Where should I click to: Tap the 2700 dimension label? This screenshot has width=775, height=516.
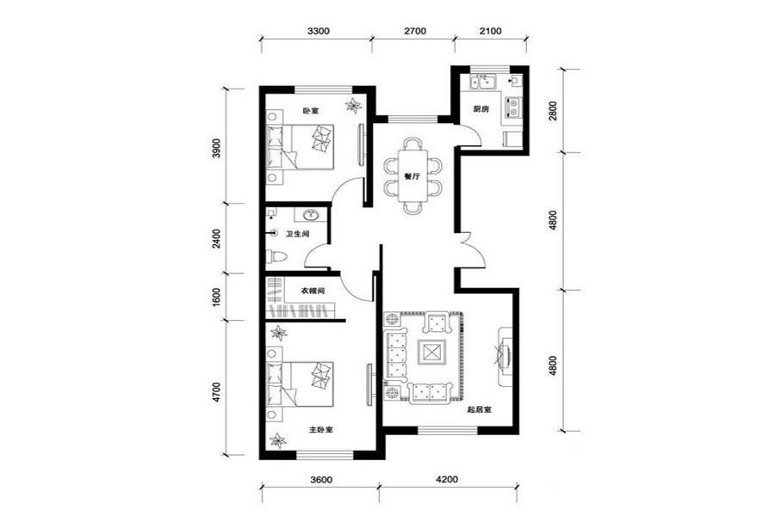click(415, 31)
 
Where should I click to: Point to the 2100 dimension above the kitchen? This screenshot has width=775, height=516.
click(490, 31)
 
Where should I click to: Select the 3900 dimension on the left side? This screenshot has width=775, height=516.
click(216, 148)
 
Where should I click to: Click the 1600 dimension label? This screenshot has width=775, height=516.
click(216, 298)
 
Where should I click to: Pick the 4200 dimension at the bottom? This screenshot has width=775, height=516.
click(447, 479)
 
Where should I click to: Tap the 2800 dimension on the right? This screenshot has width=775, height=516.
click(553, 111)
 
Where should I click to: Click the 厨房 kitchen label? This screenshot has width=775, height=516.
click(480, 109)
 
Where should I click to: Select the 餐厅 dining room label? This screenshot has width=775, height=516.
click(412, 176)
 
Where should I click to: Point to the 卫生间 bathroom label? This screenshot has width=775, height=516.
click(297, 234)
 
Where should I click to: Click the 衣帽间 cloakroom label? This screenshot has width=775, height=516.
click(313, 291)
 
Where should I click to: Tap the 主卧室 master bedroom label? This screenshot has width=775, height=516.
click(321, 430)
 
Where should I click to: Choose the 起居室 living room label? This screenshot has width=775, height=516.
click(479, 410)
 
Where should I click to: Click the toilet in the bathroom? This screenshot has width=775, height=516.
click(276, 257)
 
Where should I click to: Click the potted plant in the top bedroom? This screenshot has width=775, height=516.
click(354, 105)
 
